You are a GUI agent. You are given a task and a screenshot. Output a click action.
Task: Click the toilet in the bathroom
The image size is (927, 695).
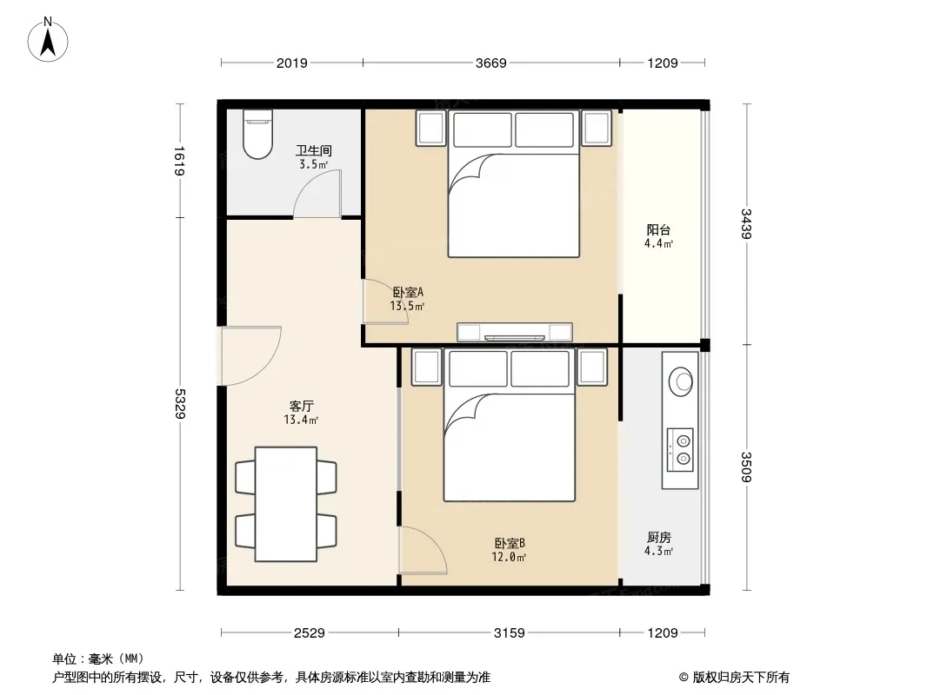[x=257, y=134]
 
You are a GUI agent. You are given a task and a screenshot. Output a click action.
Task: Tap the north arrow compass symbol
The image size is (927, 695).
[x=48, y=40]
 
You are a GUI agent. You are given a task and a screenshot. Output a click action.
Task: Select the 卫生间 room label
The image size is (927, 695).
[x=313, y=151]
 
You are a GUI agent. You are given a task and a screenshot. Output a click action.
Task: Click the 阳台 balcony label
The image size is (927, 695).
[x=658, y=229]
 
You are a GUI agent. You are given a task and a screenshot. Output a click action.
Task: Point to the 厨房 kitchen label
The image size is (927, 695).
[x=658, y=538]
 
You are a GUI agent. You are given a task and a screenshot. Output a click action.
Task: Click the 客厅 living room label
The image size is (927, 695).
[x=301, y=407]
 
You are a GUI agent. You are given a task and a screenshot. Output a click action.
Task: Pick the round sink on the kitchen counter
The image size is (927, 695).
[x=681, y=381]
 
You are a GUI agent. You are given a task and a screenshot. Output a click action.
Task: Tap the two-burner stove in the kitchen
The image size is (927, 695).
[x=680, y=449]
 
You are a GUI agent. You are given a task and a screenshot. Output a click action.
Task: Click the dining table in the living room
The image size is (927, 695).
[x=286, y=504]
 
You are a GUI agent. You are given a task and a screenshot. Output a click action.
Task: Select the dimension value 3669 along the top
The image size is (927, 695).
[x=490, y=63]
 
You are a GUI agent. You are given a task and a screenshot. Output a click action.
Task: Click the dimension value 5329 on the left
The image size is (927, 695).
[x=180, y=404]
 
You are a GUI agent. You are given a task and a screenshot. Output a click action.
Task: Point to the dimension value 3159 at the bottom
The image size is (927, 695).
[x=509, y=633]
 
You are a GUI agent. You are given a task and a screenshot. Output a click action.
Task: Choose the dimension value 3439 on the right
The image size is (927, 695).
[x=746, y=223]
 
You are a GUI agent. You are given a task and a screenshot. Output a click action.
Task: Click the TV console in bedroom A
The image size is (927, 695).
[x=514, y=333]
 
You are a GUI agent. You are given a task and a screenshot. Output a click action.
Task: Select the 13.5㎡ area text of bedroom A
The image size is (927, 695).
[x=407, y=306]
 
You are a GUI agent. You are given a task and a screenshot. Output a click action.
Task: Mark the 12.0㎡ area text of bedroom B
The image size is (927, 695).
[x=509, y=556]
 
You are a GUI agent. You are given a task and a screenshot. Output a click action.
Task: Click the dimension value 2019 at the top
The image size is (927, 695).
[x=291, y=63]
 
